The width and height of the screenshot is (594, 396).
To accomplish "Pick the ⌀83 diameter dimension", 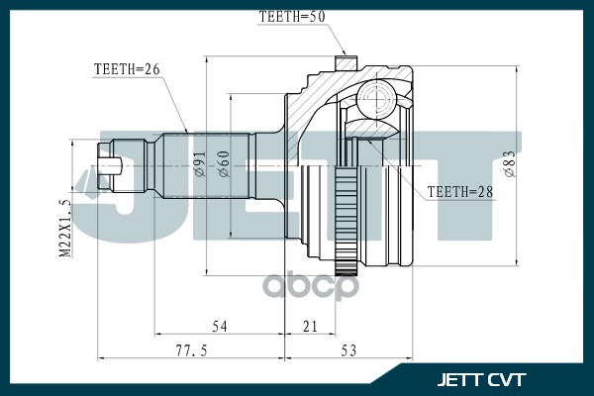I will (x=508, y=162).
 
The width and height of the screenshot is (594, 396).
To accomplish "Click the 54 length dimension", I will (x=221, y=326).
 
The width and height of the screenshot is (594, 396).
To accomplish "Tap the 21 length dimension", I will (x=310, y=326).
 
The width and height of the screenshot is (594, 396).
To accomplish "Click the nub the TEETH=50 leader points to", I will (x=346, y=62).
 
